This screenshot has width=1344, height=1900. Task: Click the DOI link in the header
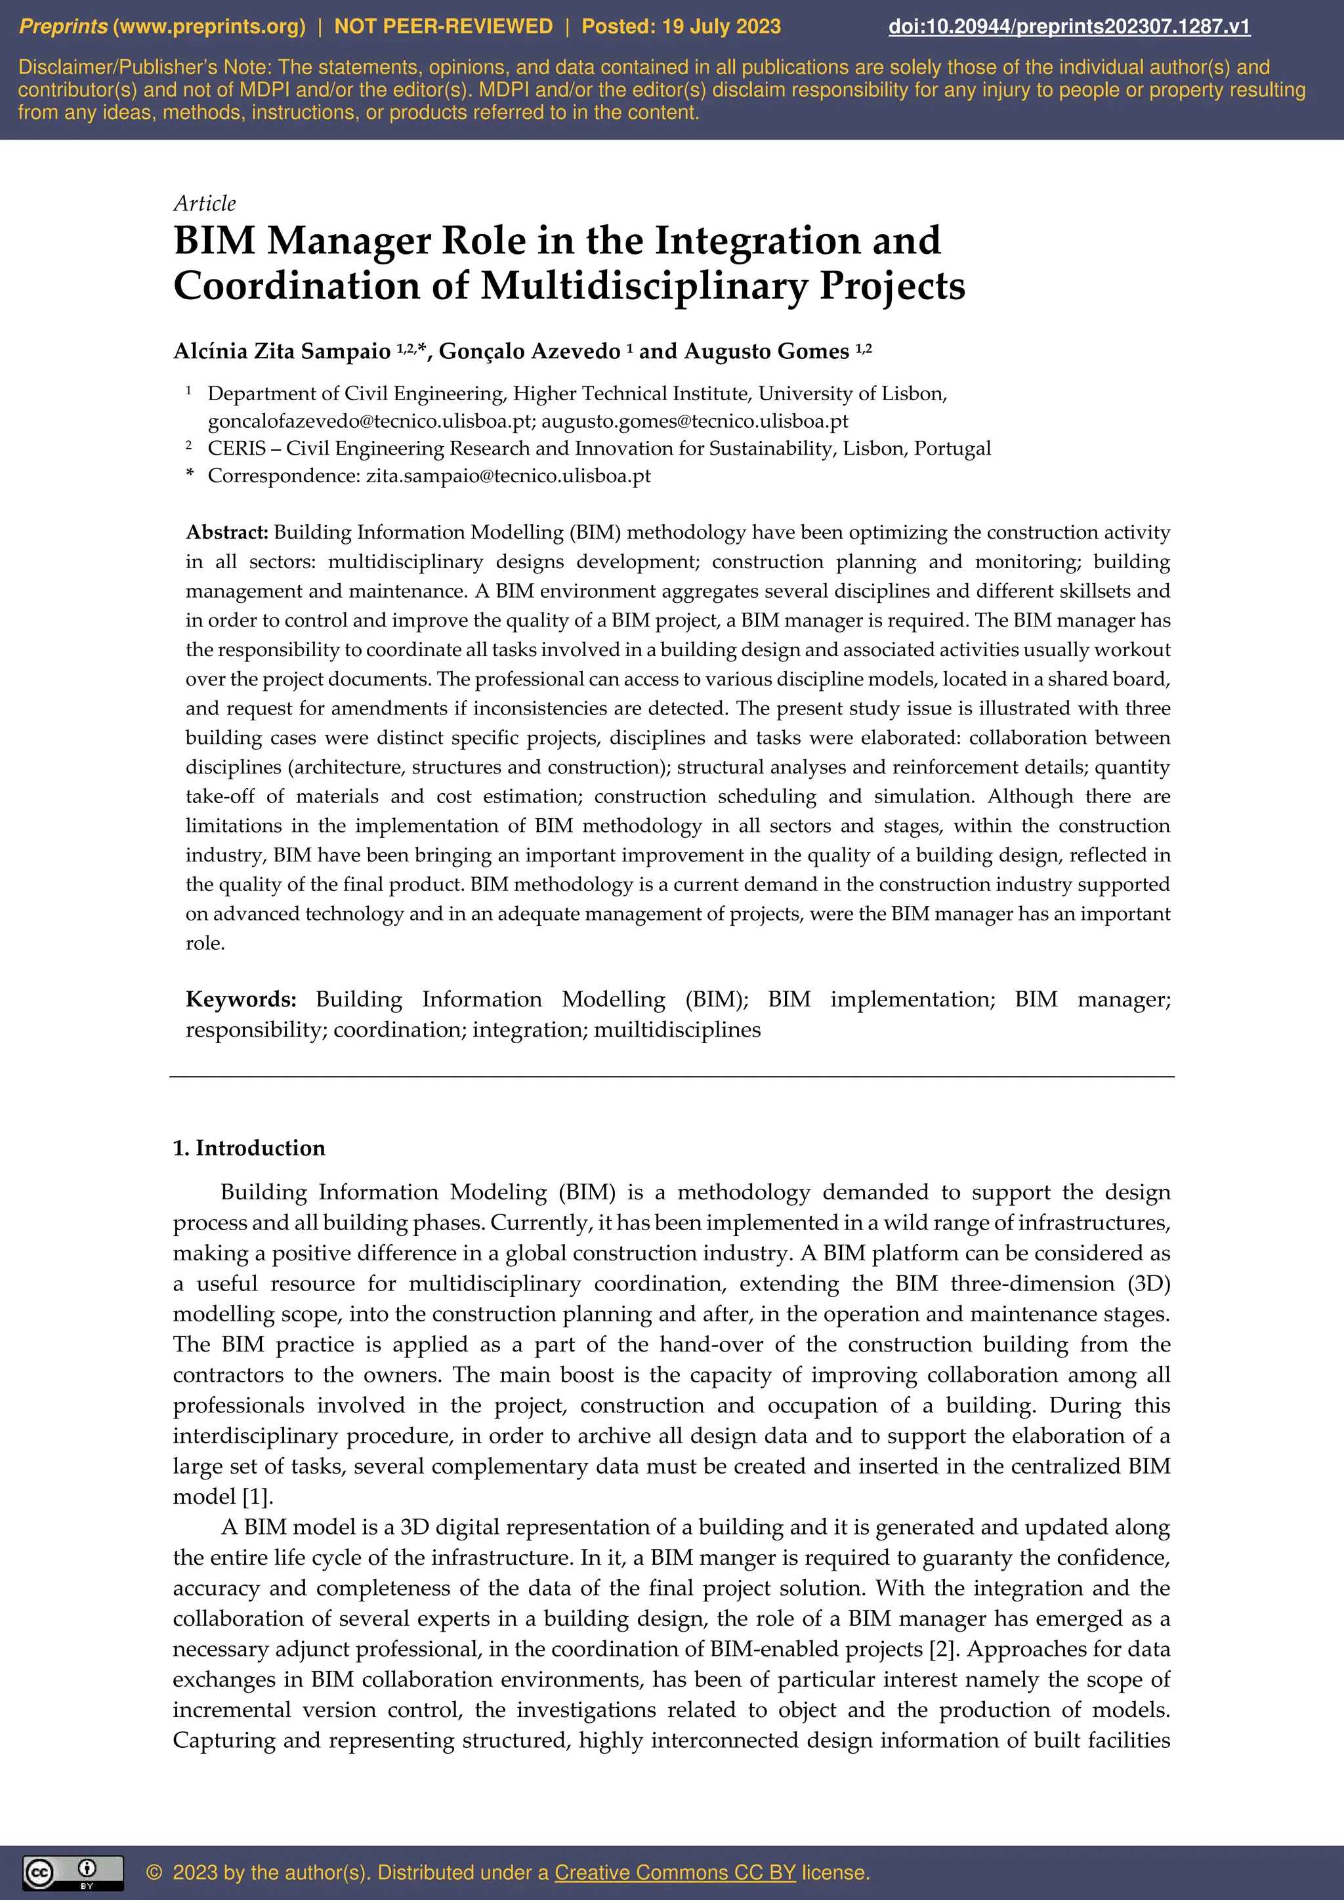[1068, 26]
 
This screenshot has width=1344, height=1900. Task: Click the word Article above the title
[204, 203]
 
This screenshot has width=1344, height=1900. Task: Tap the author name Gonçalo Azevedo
[529, 352]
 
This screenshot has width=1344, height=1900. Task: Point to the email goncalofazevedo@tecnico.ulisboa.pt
[369, 421]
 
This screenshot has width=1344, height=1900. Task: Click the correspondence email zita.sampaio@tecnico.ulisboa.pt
[508, 476]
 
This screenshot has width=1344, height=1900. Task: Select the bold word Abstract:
[227, 532]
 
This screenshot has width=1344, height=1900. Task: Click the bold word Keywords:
[241, 1000]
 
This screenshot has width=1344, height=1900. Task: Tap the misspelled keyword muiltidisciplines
[677, 1029]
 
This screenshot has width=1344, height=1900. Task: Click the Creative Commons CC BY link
[675, 1872]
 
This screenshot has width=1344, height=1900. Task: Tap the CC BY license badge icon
[73, 1872]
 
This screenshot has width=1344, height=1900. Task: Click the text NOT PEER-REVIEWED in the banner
[443, 26]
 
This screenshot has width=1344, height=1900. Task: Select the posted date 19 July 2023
[721, 26]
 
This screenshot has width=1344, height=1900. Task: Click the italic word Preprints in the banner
[63, 26]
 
